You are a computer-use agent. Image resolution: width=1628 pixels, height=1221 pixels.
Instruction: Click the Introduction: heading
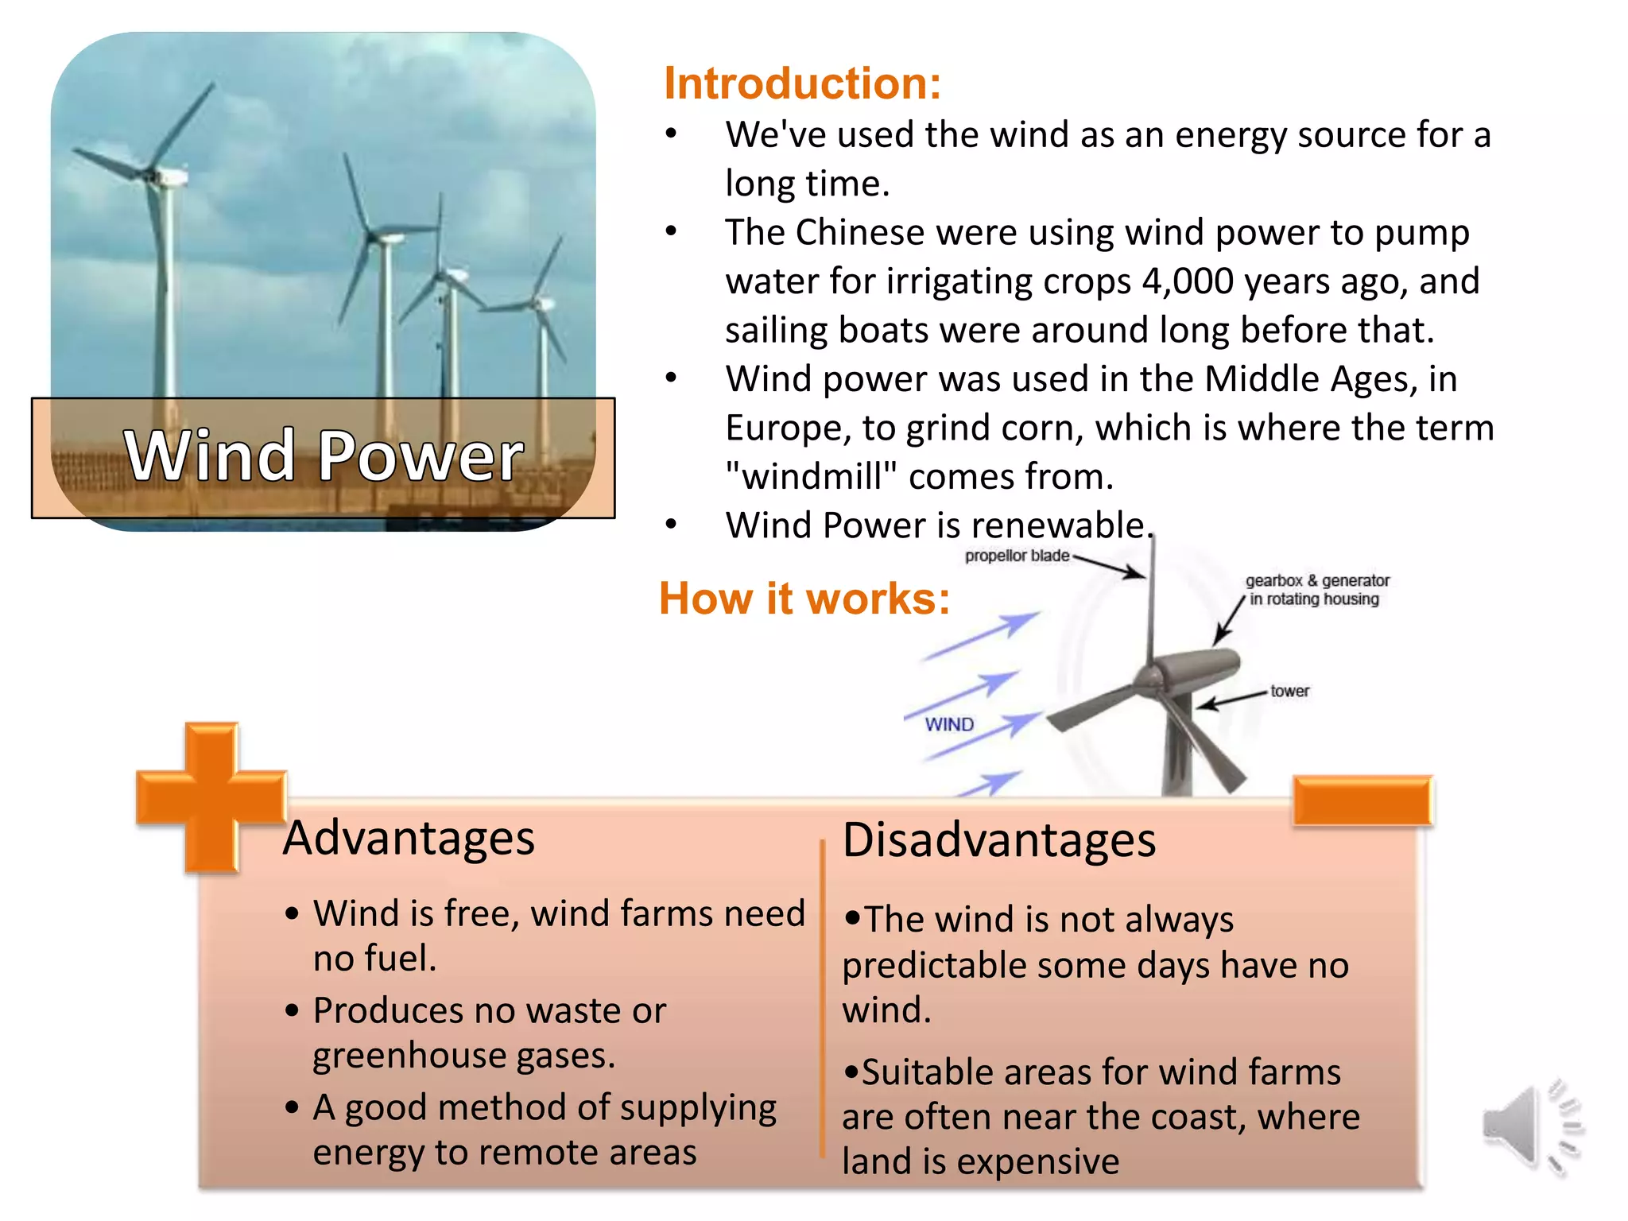802,83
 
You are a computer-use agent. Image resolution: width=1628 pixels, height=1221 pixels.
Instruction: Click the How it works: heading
804,599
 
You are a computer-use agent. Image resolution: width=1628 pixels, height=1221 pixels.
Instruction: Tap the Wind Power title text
324,455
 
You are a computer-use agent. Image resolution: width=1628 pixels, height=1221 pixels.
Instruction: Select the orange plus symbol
211,797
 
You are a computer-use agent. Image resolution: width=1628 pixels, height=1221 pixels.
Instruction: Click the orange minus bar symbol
1362,800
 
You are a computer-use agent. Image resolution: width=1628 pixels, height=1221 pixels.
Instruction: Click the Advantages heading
409,838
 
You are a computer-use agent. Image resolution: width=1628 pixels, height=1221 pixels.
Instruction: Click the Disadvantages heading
998,840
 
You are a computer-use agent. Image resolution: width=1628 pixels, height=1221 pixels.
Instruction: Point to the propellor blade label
1017,556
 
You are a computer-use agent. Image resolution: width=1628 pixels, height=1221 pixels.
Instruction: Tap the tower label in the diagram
1289,691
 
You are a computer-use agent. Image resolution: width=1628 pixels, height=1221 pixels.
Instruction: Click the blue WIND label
949,724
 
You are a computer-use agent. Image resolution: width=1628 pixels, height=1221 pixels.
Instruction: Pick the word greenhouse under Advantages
409,1056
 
